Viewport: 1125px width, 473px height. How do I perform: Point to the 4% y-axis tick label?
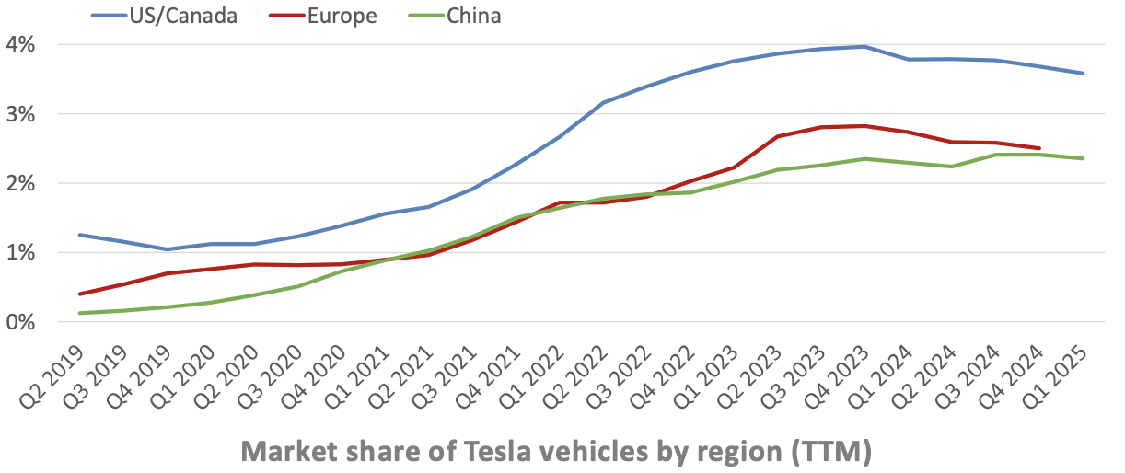tap(20, 44)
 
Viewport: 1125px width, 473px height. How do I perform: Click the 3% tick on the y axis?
tap(20, 114)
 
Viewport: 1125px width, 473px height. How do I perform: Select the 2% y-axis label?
tap(20, 183)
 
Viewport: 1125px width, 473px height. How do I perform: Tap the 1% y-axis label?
tap(20, 252)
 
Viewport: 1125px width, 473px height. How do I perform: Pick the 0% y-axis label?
tap(20, 322)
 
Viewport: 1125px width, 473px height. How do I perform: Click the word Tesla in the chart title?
tap(472, 451)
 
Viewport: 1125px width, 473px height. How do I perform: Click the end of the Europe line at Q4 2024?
tap(1039, 148)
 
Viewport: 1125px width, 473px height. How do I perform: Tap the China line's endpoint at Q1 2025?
tap(1084, 158)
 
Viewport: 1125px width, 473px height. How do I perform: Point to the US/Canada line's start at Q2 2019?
tap(79, 235)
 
